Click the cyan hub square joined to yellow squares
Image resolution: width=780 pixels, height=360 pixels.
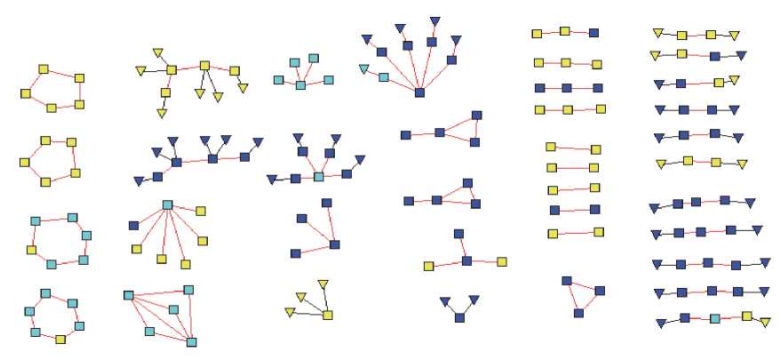pos(167,205)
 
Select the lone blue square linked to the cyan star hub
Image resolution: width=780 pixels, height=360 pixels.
pos(132,225)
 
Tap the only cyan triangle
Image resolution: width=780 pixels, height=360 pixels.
pos(363,68)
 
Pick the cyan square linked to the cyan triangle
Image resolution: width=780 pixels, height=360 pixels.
pos(383,78)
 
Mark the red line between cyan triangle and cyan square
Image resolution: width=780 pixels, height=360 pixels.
pos(373,73)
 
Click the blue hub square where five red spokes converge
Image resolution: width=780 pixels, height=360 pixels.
pos(419,92)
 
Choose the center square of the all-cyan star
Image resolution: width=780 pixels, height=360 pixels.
pos(300,84)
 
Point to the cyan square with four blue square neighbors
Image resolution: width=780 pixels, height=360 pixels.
pos(319,177)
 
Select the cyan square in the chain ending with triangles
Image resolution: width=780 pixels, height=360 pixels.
pos(715,317)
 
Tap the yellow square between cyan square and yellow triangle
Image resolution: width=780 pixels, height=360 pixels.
pos(747,316)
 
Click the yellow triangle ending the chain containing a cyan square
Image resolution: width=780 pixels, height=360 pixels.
pos(766,323)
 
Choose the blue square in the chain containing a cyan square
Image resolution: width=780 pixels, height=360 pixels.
pos(685,317)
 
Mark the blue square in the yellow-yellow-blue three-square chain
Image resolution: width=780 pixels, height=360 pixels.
pos(593,34)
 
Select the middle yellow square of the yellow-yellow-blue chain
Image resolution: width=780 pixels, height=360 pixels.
pos(565,32)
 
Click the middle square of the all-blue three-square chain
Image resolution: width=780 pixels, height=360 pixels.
pos(567,88)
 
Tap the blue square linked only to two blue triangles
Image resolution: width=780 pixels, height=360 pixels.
pos(458,317)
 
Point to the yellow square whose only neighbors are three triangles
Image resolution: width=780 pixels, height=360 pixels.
pos(327,314)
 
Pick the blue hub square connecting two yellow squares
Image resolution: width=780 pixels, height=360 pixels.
pos(466,260)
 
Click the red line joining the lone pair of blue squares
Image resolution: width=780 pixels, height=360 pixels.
pos(576,211)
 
